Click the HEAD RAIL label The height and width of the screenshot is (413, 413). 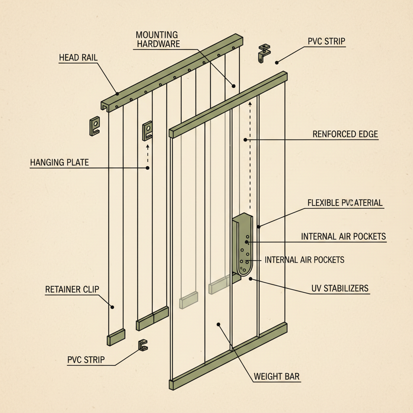tap(78, 57)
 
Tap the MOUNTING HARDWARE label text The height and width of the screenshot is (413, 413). tap(158, 39)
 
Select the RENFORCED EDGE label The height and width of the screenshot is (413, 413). tap(345, 134)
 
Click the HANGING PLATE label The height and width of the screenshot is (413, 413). tap(59, 163)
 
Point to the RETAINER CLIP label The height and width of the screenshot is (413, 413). tap(72, 289)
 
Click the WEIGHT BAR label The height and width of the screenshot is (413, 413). tap(277, 377)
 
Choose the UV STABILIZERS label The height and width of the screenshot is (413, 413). tap(340, 288)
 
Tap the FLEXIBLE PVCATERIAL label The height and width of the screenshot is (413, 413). tap(345, 202)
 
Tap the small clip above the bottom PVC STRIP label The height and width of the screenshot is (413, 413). tap(143, 345)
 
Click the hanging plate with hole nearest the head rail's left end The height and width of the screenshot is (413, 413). tap(94, 125)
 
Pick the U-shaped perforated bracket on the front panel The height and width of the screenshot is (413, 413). tap(243, 246)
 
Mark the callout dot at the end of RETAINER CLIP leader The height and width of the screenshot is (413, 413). tap(113, 307)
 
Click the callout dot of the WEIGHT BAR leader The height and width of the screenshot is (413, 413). tap(218, 324)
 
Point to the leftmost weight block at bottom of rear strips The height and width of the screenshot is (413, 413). tap(116, 337)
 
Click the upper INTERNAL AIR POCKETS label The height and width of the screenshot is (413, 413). tap(344, 236)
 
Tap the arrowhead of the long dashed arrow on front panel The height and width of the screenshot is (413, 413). tap(250, 104)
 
